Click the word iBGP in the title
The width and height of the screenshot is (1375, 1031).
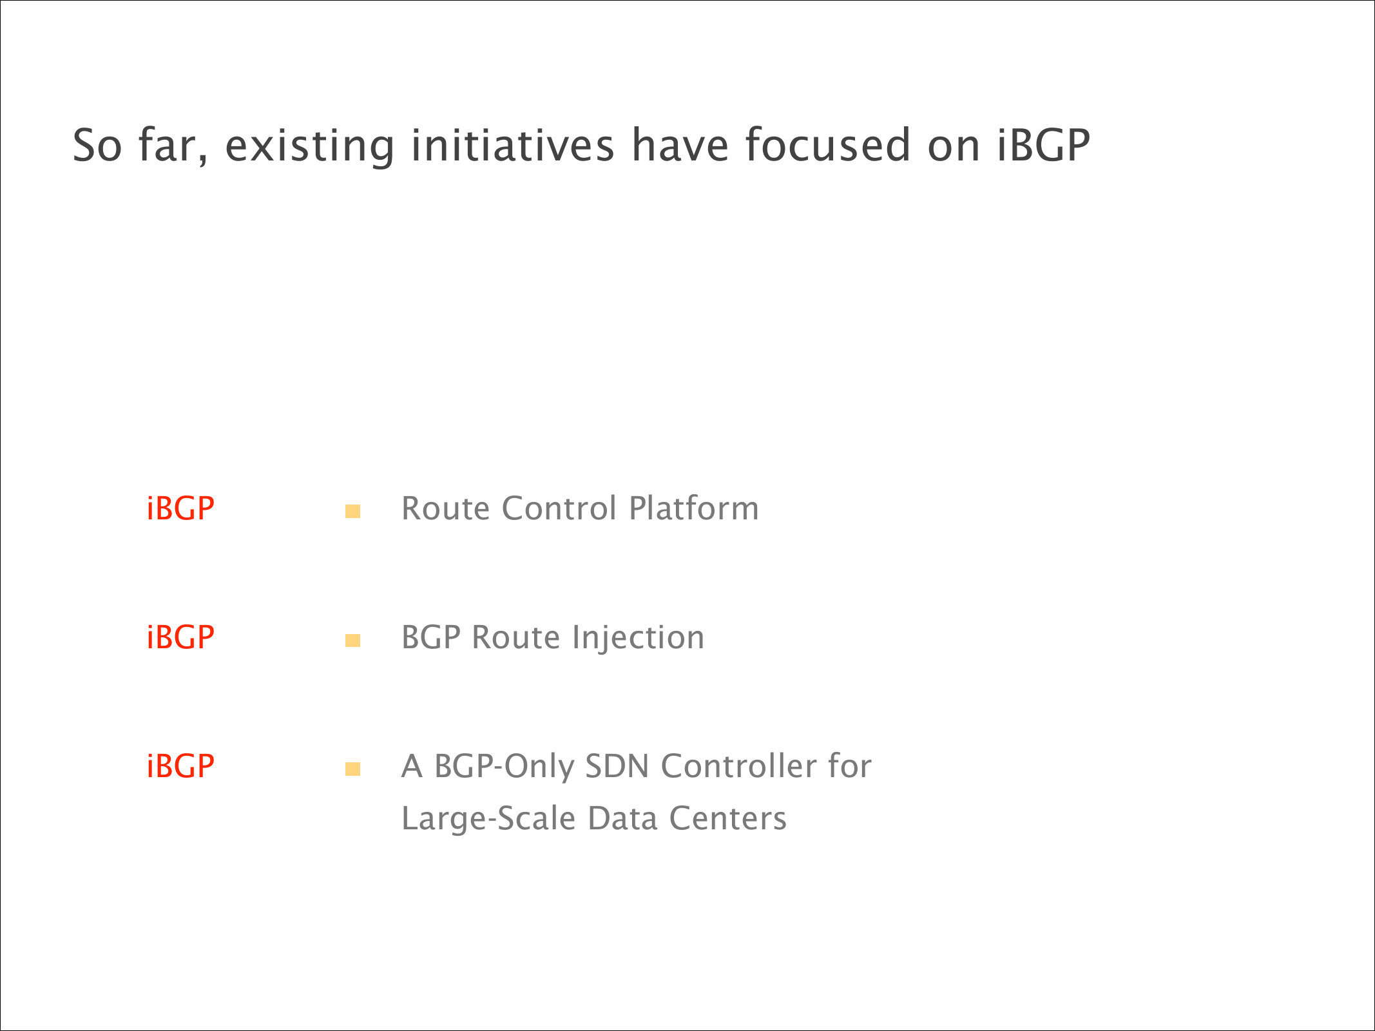[1044, 145]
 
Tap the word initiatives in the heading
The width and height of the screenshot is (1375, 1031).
[513, 145]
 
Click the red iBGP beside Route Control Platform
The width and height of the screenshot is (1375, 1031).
[180, 508]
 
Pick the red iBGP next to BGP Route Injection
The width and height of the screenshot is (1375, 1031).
[180, 637]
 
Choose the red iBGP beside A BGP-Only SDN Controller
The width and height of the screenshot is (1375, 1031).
[180, 766]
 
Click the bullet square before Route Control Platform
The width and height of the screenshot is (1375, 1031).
[352, 512]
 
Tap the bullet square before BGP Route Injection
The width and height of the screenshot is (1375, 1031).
[352, 641]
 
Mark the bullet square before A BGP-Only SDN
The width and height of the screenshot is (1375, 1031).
[352, 769]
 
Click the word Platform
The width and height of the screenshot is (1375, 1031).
[694, 508]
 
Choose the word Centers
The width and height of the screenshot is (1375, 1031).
[728, 819]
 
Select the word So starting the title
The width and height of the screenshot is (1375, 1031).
[97, 146]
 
